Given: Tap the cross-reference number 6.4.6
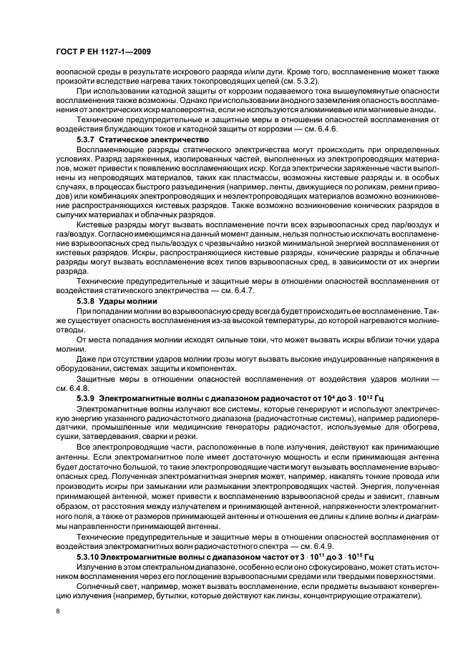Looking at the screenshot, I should click(x=328, y=129).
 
